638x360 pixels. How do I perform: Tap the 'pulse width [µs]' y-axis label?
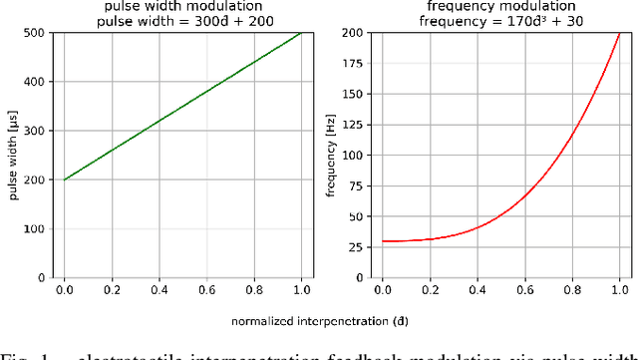point(14,155)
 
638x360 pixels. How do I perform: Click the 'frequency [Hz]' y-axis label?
point(331,155)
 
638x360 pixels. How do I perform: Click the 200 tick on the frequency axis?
point(352,33)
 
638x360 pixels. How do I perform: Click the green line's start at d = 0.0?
point(64,180)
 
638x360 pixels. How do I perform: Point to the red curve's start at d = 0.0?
point(381,240)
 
